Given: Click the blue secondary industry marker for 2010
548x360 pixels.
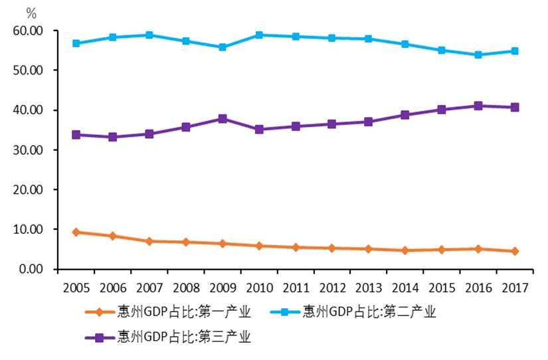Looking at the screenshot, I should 259,35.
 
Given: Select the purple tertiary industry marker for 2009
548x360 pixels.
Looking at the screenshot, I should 223,119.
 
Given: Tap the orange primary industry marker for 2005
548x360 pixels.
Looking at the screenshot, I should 76,232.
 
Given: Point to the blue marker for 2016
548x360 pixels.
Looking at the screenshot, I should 478,54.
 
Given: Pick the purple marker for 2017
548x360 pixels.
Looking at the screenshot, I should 515,107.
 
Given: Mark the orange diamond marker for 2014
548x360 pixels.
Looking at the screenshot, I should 405,250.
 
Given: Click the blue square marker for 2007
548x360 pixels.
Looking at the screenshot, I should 149,35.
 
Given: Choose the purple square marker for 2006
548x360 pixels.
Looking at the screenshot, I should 113,137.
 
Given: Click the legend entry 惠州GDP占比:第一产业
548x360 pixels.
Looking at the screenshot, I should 183,312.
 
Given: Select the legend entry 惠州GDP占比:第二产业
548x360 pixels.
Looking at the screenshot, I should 369,312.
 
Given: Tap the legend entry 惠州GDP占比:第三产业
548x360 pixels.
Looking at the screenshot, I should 183,337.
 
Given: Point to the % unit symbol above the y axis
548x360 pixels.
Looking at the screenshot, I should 31,13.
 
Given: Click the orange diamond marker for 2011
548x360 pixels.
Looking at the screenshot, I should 296,247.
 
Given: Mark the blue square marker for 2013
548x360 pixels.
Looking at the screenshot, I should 369,39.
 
